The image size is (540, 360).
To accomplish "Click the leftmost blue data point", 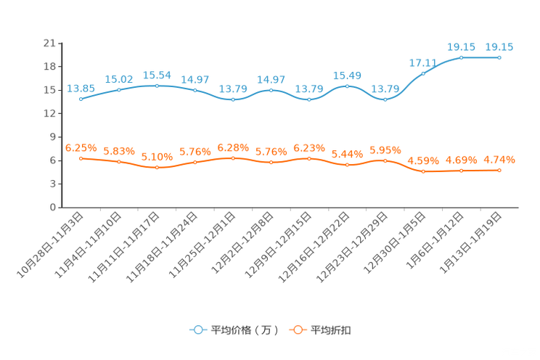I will (x=81, y=99).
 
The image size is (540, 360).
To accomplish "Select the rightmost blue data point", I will (x=499, y=57).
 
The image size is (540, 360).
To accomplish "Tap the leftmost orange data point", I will (x=81, y=157).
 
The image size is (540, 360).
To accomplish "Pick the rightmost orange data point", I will (x=499, y=170).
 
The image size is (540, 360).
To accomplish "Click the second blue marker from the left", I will (x=119, y=89).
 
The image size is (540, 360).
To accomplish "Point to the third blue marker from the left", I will (x=157, y=85).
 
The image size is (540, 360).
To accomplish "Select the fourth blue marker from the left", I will (x=195, y=90).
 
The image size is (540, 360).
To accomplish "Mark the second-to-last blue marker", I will (x=461, y=57).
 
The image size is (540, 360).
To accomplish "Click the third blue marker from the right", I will (x=423, y=73).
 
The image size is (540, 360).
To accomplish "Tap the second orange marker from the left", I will (x=119, y=162).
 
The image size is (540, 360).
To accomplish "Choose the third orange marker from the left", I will (x=157, y=167).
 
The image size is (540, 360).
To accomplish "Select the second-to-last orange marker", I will (x=461, y=171).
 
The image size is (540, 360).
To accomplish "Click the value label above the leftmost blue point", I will (x=81, y=88).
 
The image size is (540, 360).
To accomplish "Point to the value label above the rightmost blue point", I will (x=499, y=46).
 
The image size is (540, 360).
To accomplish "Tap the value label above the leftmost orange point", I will (x=81, y=147).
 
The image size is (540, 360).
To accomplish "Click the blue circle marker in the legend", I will (x=197, y=330).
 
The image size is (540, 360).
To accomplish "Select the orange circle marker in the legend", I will (x=297, y=330).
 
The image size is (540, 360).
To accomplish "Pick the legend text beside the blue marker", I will (x=245, y=330).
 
